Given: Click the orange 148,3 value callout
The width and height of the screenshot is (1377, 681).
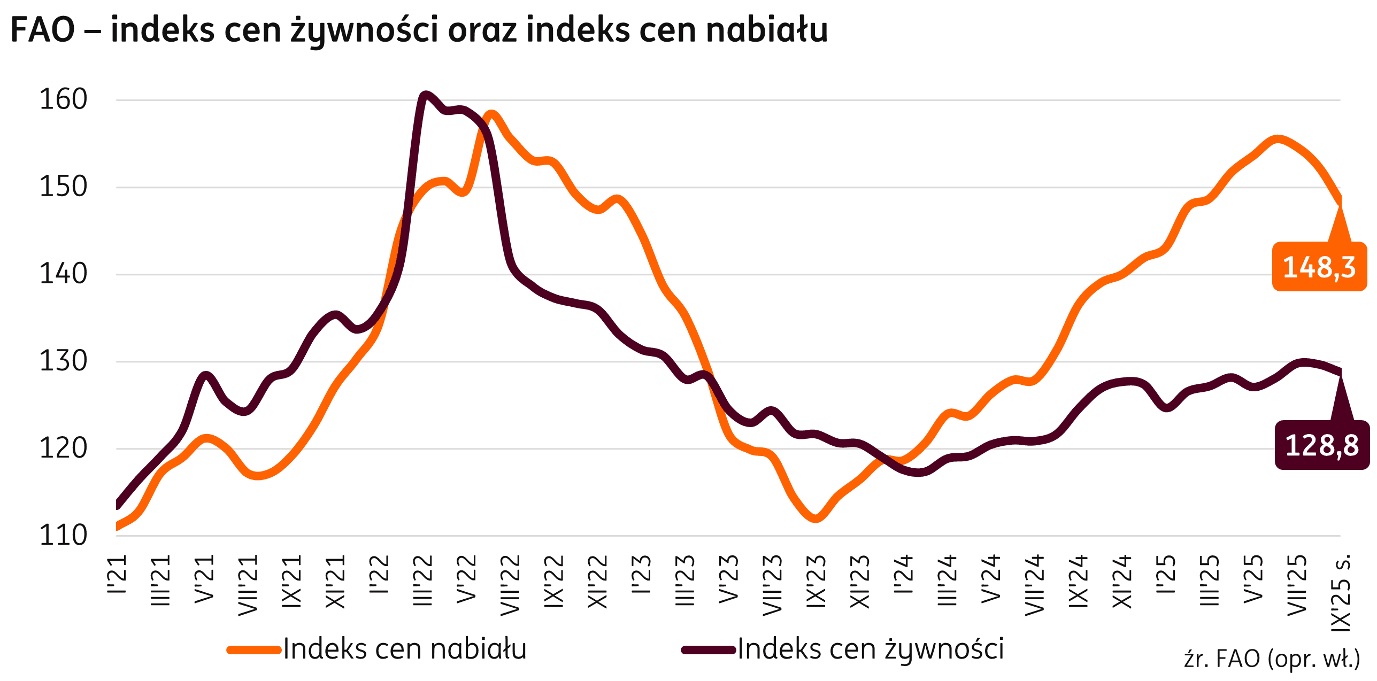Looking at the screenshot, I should click(1319, 267).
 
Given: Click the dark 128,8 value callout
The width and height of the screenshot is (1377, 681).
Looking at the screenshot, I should click(1321, 445).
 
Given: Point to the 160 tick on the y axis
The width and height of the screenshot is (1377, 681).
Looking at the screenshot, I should click(63, 100).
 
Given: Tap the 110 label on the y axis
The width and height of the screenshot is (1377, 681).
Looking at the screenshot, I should click(63, 536).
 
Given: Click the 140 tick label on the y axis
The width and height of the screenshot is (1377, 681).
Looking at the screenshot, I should click(63, 275).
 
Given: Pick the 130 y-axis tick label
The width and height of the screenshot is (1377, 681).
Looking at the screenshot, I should click(63, 362).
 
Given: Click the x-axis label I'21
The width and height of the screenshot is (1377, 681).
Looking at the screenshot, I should click(117, 575).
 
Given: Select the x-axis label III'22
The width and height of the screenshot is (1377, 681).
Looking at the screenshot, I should click(423, 581).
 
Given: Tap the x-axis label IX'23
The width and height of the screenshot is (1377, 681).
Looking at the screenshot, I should click(816, 581).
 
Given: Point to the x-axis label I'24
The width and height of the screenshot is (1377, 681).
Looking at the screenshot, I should click(904, 575).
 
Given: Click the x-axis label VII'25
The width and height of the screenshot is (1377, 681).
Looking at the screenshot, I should click(1297, 585).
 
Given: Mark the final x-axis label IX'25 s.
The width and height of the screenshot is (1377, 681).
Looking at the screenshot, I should click(1341, 593).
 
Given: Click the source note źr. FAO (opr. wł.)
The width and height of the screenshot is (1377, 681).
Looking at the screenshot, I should click(1272, 659).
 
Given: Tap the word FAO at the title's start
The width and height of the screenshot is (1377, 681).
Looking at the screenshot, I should click(43, 30).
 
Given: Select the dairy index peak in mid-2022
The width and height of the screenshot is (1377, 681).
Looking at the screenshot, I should click(491, 114).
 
